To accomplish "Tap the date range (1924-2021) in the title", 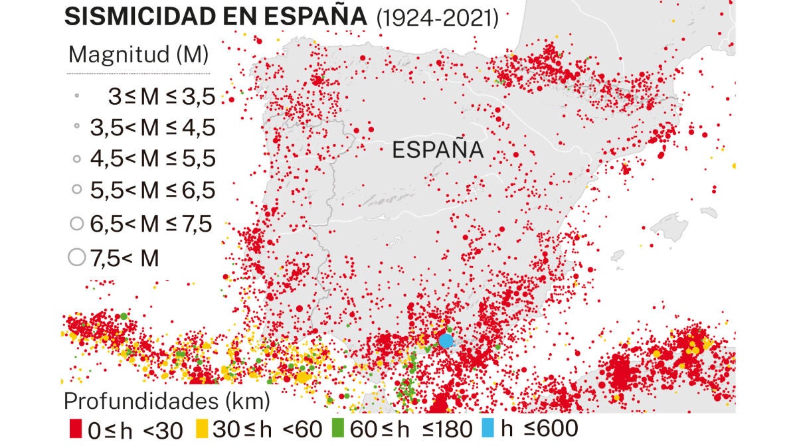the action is coord(438,18).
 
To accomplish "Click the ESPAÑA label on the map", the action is coord(438,149).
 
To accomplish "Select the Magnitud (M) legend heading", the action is coord(138,54).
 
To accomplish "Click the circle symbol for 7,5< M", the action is coord(77,257).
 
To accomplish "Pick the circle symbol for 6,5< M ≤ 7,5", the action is coord(77,224).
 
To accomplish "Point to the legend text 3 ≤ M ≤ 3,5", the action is coord(162,96).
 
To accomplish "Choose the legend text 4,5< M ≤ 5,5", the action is coord(153,159).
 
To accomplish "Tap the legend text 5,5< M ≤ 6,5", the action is coord(153,190).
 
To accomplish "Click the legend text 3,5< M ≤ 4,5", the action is coord(153,127).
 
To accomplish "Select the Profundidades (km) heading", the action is coord(167,402).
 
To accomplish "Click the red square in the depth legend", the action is coord(76,429).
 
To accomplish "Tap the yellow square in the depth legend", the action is coord(202,429).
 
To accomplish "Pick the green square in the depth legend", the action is coord(338,428).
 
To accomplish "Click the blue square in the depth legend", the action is coord(488,428).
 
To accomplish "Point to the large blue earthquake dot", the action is coord(446,340).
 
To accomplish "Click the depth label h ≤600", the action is coord(539,429).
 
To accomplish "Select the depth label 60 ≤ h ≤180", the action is coord(412,429).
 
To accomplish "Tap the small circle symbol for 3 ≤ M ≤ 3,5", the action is coord(76,96).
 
